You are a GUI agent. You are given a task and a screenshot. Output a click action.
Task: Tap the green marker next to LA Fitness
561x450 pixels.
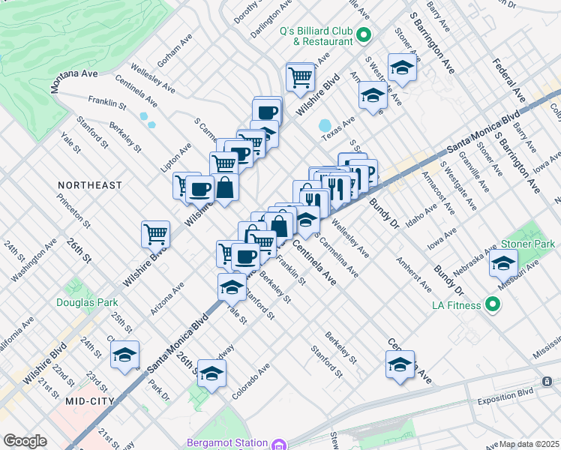(x=493, y=304)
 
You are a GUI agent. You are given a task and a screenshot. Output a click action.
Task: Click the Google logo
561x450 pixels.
(x=25, y=441)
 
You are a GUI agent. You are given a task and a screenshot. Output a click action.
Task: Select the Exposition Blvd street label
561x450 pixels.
(x=507, y=391)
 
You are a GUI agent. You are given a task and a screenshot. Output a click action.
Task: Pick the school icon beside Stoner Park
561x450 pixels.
(x=503, y=263)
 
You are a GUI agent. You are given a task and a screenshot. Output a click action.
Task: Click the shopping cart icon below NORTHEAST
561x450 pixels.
(x=155, y=233)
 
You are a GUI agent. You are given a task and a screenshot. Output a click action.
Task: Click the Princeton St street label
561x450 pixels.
(x=75, y=212)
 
